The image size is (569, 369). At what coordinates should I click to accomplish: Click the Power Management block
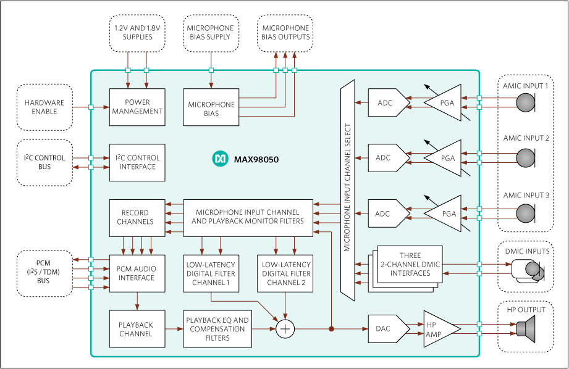point(137,107)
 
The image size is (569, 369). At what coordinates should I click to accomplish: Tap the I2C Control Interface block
point(137,162)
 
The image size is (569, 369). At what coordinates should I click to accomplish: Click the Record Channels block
point(137,217)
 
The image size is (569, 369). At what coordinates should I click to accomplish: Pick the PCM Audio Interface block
point(137,273)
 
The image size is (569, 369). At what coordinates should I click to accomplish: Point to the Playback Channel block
point(137,329)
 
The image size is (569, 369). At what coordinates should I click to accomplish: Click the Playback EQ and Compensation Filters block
point(217,329)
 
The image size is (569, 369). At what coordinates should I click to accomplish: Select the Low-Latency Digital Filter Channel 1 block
point(211,273)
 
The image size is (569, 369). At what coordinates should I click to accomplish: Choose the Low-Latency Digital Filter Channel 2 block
point(285,273)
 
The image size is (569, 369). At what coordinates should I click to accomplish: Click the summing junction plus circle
point(285,330)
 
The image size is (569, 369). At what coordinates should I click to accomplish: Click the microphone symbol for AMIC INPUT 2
point(526,158)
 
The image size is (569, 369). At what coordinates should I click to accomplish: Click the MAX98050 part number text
point(256,159)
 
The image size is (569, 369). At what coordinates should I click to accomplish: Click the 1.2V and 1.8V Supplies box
point(137,33)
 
